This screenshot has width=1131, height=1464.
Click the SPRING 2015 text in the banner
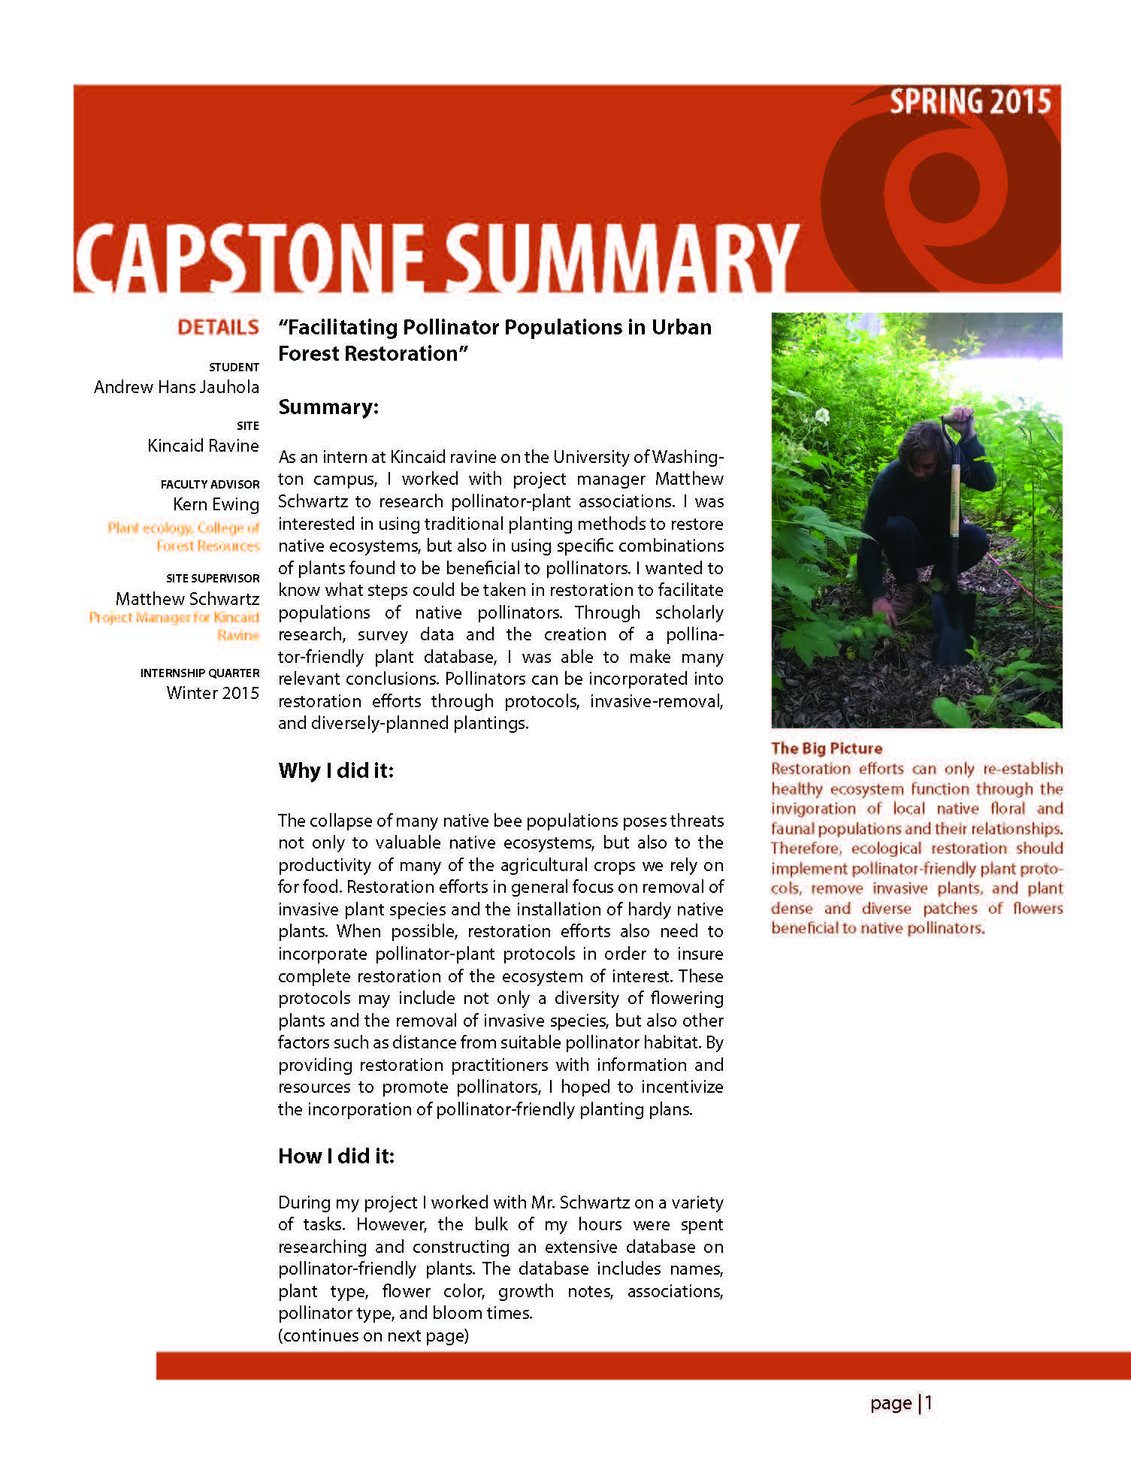(969, 102)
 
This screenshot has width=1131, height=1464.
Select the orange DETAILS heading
(218, 328)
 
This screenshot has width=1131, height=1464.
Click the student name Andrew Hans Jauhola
(177, 387)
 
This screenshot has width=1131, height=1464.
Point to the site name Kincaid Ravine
(203, 446)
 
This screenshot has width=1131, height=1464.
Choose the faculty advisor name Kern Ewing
(216, 504)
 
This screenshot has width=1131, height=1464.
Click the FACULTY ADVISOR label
(210, 485)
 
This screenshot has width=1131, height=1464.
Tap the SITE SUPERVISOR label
(213, 579)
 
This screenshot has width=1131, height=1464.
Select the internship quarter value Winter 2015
(213, 693)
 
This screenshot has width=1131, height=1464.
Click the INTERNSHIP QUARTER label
(200, 673)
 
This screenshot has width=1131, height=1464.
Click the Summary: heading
(328, 407)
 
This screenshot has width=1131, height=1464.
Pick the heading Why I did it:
(336, 771)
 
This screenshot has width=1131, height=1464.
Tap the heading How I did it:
(336, 1156)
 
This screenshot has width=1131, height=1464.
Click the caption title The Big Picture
(827, 749)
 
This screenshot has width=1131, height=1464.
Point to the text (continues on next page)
(373, 1335)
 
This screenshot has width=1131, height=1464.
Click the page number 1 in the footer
(929, 1403)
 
